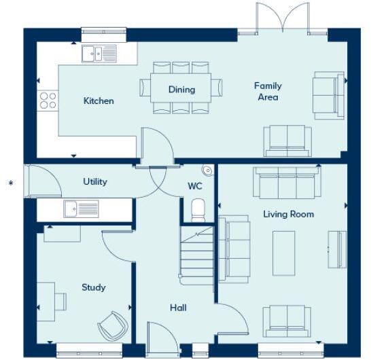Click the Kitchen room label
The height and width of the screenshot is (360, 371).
point(99,101)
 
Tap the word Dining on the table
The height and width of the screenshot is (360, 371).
point(181,90)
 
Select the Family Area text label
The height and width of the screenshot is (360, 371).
point(268,91)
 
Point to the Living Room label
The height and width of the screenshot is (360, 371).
point(288,214)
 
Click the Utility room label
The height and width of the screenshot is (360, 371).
point(95,182)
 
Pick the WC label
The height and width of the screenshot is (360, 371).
point(196,186)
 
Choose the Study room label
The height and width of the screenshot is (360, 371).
point(93,287)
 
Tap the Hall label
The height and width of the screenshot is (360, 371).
point(178,308)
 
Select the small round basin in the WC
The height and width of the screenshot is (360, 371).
point(207,170)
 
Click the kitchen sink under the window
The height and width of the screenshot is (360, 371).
point(99,52)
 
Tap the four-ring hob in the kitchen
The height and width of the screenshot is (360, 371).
point(48,101)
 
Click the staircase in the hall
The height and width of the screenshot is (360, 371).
point(196,254)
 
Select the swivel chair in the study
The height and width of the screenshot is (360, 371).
point(112,327)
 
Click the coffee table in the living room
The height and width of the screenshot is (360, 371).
point(283,249)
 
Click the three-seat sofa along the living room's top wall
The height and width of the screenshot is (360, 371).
point(286,182)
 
